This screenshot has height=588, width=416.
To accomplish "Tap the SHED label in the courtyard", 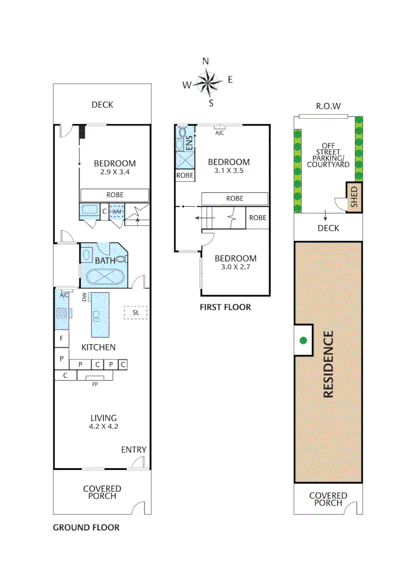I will [x=353, y=197].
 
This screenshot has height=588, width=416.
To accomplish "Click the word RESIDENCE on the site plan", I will [x=328, y=364].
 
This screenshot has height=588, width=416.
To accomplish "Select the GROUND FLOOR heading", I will [x=86, y=527].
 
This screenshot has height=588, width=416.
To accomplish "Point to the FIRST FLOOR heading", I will [x=225, y=307].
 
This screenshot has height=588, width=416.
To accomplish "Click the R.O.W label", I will [x=328, y=106].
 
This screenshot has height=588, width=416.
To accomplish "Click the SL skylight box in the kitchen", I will [x=136, y=313].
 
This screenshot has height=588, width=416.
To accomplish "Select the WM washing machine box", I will [x=117, y=211].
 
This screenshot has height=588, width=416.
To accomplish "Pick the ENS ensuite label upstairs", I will [x=189, y=144].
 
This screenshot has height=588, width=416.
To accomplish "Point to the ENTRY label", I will [x=133, y=449].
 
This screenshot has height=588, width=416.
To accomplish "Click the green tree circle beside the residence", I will [x=303, y=341].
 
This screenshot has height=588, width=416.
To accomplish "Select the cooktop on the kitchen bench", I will [x=61, y=313].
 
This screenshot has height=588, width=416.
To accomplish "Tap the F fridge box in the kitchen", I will [x=61, y=339].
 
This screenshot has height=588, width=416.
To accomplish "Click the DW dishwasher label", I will [x=84, y=297].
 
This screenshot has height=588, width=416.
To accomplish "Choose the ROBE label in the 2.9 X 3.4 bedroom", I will [x=115, y=194].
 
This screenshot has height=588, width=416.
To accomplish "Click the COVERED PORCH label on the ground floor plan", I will [x=102, y=492].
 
